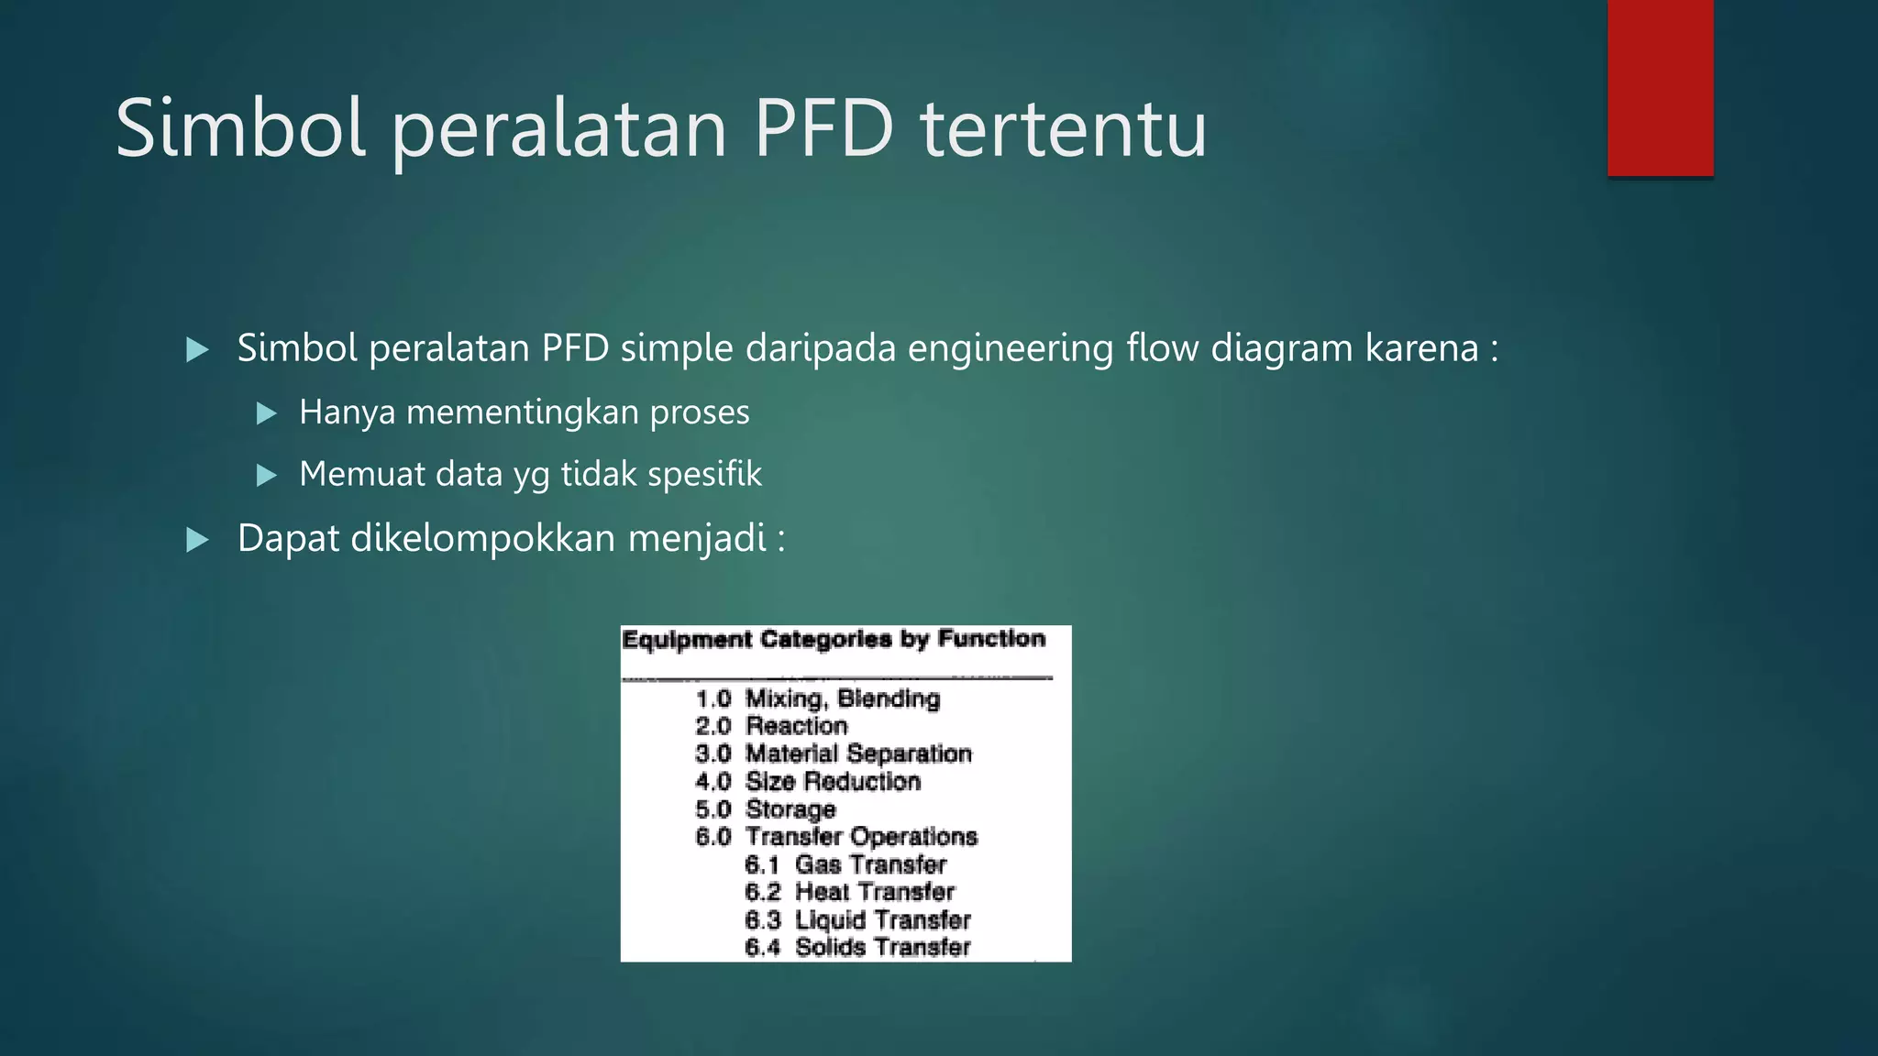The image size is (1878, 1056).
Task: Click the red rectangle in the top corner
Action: [x=1660, y=87]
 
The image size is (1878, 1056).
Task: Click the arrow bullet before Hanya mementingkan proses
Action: [x=267, y=413]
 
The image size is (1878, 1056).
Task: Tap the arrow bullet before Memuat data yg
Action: [x=267, y=475]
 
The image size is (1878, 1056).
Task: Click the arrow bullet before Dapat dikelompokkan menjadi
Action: [x=197, y=539]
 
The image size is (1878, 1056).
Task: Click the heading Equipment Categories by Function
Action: [x=834, y=639]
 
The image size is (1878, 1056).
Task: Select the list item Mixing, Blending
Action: [x=842, y=698]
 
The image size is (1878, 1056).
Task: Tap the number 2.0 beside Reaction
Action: [x=713, y=726]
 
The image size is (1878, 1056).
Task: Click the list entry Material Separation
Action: [x=857, y=753]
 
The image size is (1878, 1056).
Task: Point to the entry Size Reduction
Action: [x=833, y=781]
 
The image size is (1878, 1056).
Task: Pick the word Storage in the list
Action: [x=790, y=809]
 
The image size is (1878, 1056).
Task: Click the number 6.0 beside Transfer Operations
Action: [x=713, y=837]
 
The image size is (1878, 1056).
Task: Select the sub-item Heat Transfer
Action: [x=874, y=892]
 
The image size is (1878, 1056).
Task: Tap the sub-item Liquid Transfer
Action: [x=882, y=919]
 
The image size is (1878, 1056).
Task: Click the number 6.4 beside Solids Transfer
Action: [x=762, y=947]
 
